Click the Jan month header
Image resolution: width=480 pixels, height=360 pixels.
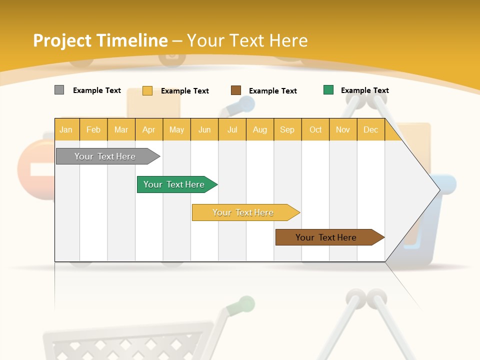[66, 129]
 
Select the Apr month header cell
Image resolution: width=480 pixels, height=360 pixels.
[149, 129]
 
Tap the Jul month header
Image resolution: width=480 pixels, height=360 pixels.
[232, 129]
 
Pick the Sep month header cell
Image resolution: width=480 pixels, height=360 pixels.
[287, 129]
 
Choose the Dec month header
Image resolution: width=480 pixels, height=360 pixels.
[370, 129]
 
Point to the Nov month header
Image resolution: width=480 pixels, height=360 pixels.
[343, 129]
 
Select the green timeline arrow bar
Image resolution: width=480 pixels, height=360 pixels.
[175, 184]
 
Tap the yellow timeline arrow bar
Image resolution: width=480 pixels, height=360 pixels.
[244, 212]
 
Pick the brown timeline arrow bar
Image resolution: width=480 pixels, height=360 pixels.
[327, 237]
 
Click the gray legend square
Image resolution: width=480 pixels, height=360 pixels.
[59, 90]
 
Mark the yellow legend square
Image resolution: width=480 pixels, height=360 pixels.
[147, 90]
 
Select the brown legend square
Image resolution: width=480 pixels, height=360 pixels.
[236, 90]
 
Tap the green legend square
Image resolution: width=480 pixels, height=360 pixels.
[328, 90]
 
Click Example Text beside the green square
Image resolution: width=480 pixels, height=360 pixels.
[364, 90]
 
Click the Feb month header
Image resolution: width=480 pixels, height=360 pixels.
[93, 129]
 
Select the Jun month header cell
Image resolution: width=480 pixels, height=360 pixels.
[204, 129]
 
